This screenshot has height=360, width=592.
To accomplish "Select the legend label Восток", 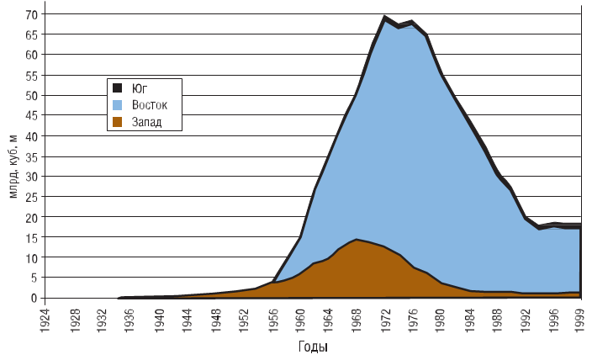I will (x=151, y=105).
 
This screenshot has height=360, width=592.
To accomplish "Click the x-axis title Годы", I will (x=312, y=347).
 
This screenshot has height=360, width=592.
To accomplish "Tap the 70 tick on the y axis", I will (x=31, y=14).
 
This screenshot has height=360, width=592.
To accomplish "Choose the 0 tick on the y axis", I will (x=34, y=298).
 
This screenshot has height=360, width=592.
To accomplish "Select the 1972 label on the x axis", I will (x=384, y=319).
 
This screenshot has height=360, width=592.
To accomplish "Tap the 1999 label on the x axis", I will (x=580, y=319).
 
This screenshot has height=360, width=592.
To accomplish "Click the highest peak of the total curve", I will (x=384, y=17).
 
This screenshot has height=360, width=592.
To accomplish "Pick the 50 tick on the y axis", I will (x=31, y=95).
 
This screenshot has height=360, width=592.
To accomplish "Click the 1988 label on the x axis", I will (x=497, y=319).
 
